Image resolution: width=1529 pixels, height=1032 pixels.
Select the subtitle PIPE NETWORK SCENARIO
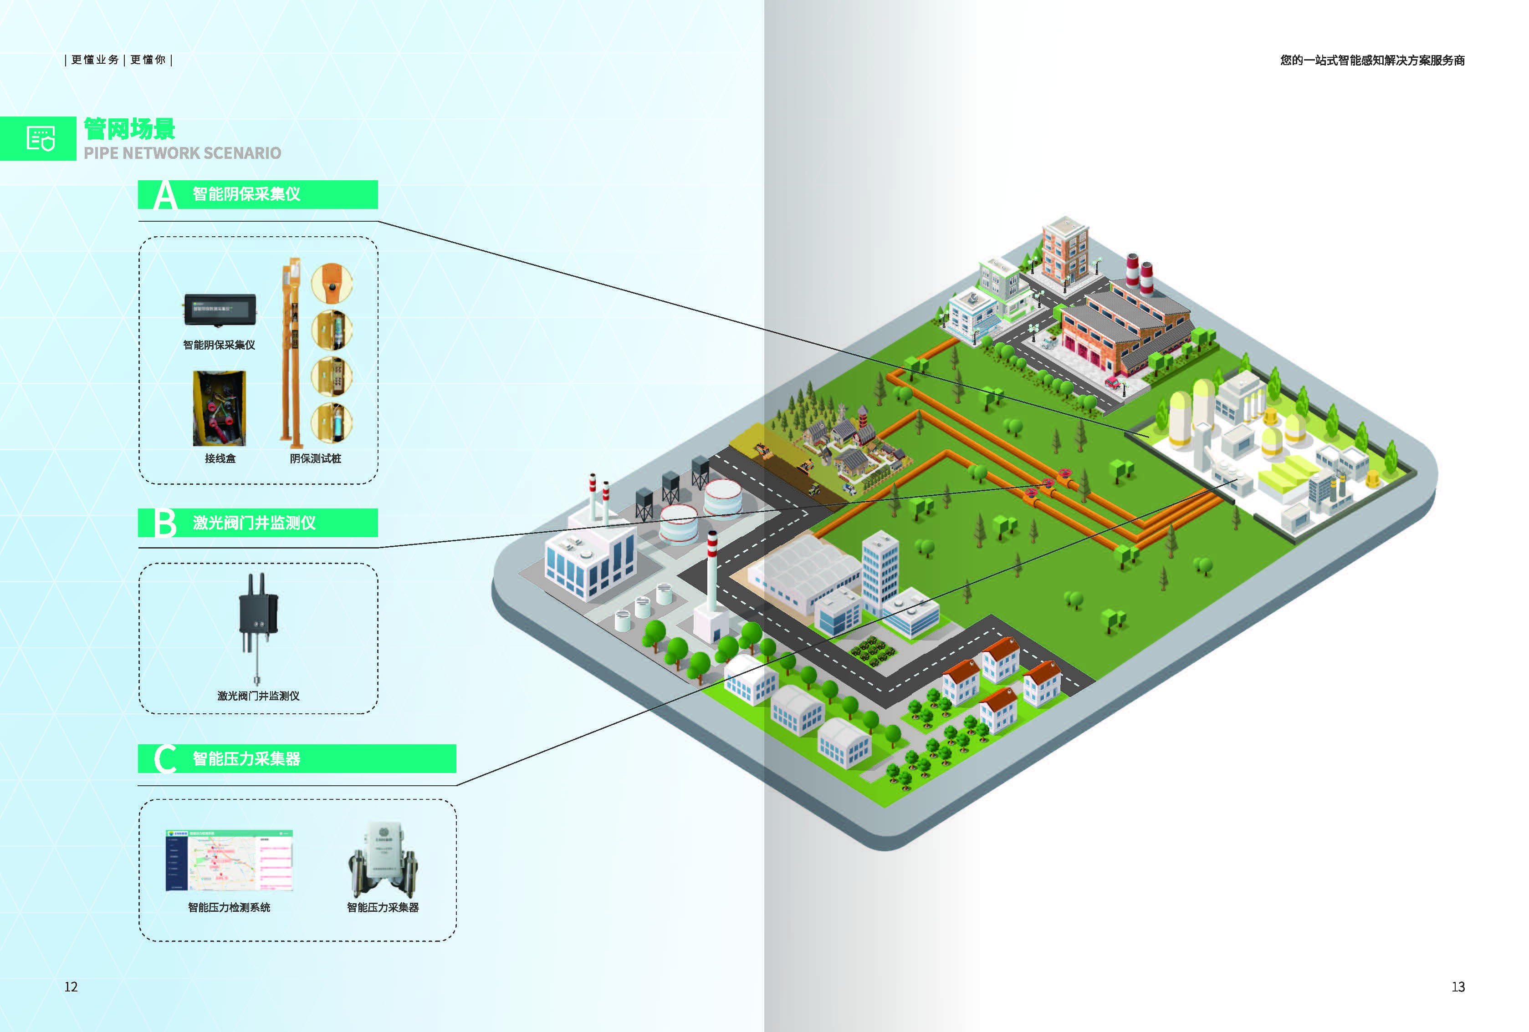point(182,153)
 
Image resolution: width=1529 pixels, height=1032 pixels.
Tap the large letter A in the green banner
point(165,195)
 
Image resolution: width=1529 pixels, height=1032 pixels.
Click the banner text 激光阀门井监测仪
point(254,523)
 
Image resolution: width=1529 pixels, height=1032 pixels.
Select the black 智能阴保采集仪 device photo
point(220,309)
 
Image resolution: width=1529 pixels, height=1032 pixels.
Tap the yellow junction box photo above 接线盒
point(219,408)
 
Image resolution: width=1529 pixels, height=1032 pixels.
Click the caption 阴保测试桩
point(315,458)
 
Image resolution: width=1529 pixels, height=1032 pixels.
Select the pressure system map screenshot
point(229,860)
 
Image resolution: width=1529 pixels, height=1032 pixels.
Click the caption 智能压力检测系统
point(229,908)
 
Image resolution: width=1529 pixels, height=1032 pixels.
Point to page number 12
point(71,986)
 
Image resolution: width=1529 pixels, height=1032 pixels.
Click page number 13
point(1458,986)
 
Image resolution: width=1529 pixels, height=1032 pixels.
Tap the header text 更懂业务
point(95,60)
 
